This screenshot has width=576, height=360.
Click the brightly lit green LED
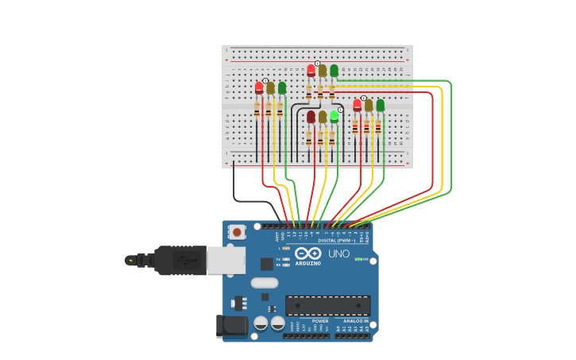click(334, 116)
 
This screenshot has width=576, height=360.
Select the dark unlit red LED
click(311, 117)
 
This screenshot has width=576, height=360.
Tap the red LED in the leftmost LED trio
click(259, 87)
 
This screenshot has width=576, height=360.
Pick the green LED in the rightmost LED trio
click(381, 104)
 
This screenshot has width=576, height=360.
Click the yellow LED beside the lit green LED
click(323, 117)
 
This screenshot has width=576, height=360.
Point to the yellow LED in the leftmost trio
click(270, 87)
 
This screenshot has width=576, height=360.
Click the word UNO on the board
click(339, 254)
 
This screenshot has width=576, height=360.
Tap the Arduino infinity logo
click(307, 254)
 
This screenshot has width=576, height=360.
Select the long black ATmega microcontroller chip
click(327, 305)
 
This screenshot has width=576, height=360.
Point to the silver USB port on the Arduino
click(226, 260)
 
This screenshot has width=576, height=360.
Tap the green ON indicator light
click(358, 259)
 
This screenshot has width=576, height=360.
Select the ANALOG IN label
click(356, 321)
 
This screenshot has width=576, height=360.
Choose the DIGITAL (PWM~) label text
click(337, 240)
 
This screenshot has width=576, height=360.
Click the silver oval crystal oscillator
click(265, 283)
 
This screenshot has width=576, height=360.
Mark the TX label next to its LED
click(279, 259)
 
